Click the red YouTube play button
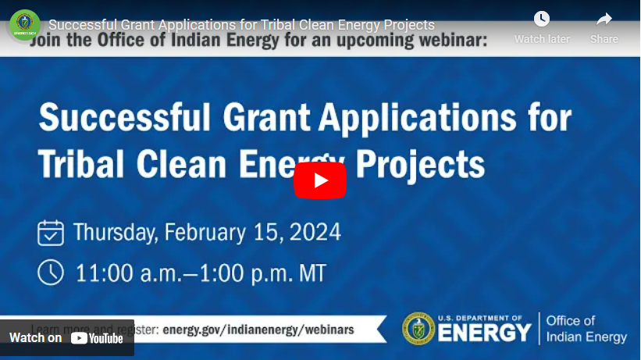point(320,180)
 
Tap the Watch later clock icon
point(541,20)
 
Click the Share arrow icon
point(604,20)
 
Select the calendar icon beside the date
point(51,233)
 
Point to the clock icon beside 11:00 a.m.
point(51,272)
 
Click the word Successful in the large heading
point(125,119)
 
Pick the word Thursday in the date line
point(115,233)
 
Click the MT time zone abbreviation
point(309,273)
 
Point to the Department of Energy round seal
point(418,329)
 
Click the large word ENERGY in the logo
point(484,333)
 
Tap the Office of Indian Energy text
point(586,329)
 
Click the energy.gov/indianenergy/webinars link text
point(258,330)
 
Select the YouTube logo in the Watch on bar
point(97,338)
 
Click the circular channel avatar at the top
point(24,25)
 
